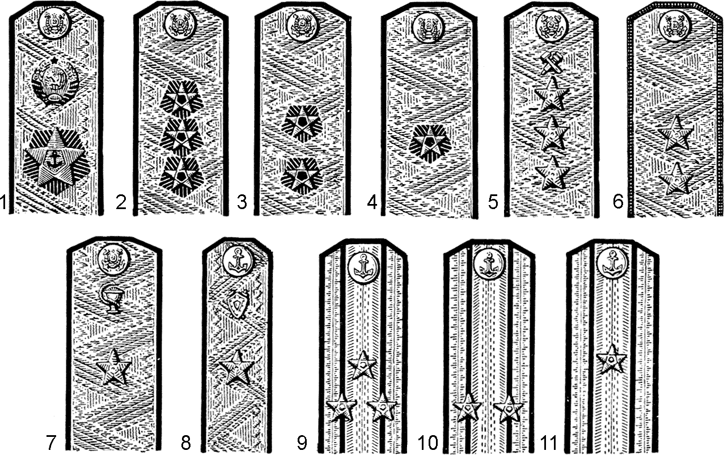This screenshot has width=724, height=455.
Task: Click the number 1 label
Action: [3, 202]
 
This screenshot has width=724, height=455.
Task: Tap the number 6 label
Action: [617, 202]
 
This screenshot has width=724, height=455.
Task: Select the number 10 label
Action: [427, 443]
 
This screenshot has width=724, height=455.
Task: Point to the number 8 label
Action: [185, 443]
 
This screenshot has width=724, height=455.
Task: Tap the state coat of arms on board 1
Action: [56, 80]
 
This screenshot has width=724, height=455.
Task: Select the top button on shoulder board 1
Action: [54, 23]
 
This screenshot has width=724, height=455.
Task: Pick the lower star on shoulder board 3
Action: [302, 176]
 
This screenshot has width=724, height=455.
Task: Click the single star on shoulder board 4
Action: [430, 143]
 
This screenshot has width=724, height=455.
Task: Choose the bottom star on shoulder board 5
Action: [552, 173]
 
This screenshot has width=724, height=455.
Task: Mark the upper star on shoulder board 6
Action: [675, 133]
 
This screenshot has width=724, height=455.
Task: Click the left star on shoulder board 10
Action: [467, 407]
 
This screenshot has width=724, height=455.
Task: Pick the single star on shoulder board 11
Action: [611, 359]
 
